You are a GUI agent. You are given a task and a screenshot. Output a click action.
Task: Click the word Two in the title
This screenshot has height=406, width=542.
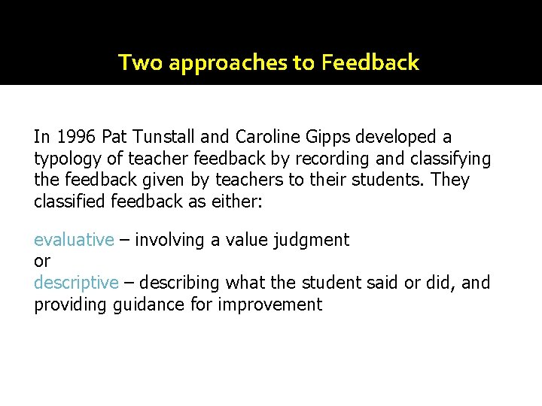point(141,62)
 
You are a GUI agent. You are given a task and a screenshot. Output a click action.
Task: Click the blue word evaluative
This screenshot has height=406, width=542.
point(74,240)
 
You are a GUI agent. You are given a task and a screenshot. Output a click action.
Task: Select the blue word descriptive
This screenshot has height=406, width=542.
point(76,283)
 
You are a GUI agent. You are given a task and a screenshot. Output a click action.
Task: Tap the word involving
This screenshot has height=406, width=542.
point(166,241)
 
